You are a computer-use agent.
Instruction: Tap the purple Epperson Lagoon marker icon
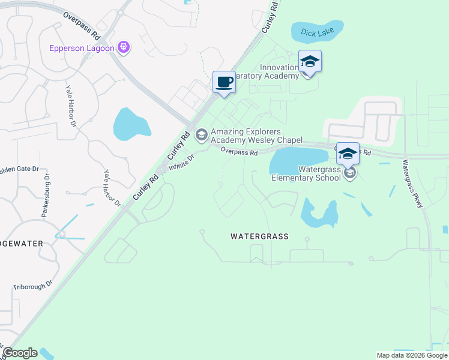coord(124,47)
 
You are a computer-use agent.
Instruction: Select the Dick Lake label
coord(316,32)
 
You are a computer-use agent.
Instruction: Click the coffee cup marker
coord(224,82)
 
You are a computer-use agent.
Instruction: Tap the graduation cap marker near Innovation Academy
coord(310,62)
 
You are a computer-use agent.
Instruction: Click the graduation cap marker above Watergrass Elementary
coord(348,154)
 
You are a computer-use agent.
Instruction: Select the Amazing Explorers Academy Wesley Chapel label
coord(256,136)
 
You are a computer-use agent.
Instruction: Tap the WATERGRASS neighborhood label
coord(259,236)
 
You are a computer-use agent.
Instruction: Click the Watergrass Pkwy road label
coord(414,184)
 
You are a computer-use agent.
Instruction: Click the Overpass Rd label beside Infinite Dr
coord(238,152)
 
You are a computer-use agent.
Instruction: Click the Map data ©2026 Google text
coord(412,355)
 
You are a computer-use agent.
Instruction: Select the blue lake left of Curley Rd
coord(131,123)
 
